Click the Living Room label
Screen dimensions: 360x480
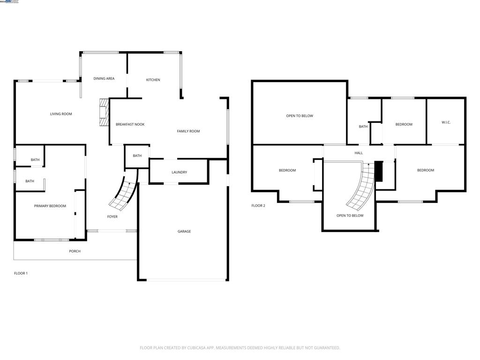(x=61, y=114)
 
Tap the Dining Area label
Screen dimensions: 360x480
(x=104, y=79)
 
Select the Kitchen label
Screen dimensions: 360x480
(x=153, y=80)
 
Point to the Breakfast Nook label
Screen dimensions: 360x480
(x=130, y=124)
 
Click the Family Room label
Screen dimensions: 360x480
(x=188, y=131)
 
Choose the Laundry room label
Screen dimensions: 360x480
(x=179, y=172)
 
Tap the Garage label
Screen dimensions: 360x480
(x=184, y=231)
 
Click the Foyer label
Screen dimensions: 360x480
(x=112, y=217)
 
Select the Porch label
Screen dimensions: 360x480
(x=75, y=251)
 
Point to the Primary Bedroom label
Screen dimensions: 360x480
(x=50, y=206)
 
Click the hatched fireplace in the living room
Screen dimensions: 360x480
(x=104, y=112)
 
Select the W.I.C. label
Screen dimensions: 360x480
(x=446, y=122)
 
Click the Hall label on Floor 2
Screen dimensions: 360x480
(x=359, y=153)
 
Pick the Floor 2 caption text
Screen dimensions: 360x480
(x=258, y=206)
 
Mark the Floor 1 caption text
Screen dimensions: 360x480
(x=21, y=273)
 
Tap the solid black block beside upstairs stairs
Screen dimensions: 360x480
(x=379, y=172)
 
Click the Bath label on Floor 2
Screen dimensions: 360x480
(x=363, y=127)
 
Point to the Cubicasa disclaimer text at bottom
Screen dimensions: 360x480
(x=240, y=348)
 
